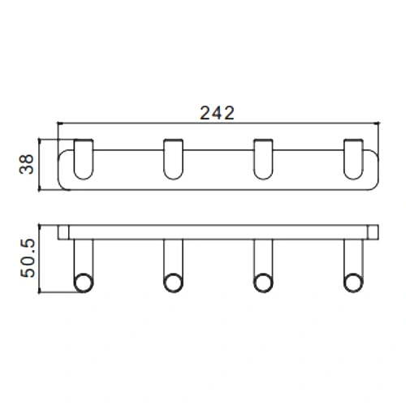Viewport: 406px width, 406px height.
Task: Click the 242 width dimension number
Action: click(217, 114)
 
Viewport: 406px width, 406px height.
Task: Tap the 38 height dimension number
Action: click(27, 166)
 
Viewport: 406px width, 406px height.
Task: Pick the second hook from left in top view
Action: click(172, 159)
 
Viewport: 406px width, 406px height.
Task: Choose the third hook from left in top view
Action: click(262, 159)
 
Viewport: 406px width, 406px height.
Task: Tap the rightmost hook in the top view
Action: click(353, 159)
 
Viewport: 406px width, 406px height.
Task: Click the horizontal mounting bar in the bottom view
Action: click(219, 231)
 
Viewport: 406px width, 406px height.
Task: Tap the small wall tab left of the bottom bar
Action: click(62, 232)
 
